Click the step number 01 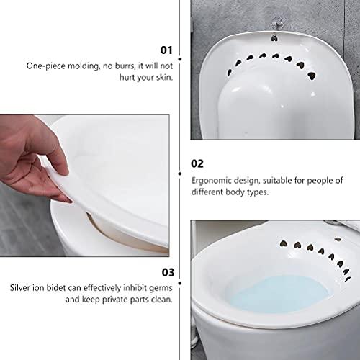(x=166, y=50)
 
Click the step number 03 (x=166, y=272)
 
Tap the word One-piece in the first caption (x=45, y=66)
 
